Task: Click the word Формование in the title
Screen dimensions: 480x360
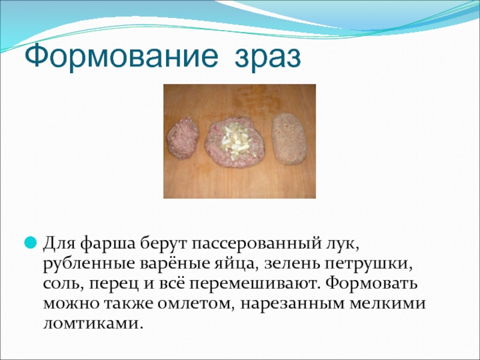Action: click(x=121, y=56)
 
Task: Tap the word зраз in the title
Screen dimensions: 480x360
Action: click(x=268, y=57)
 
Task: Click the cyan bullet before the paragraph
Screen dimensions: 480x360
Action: click(x=31, y=242)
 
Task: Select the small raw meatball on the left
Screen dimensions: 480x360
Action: click(x=183, y=138)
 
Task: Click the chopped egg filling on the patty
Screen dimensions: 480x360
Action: click(x=235, y=142)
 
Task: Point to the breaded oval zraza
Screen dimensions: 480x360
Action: click(x=290, y=139)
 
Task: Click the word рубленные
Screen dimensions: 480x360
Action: click(x=89, y=264)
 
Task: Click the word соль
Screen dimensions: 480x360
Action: click(x=63, y=284)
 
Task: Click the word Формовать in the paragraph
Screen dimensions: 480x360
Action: click(x=371, y=283)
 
